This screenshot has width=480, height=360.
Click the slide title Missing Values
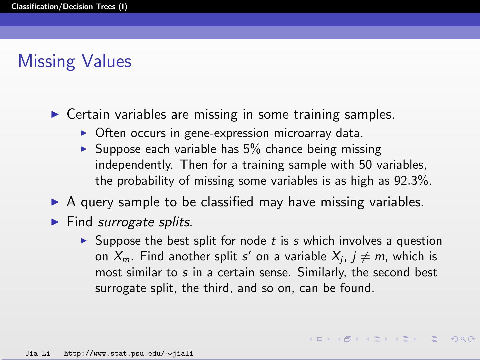[x=75, y=61]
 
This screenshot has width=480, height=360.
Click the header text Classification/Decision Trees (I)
[x=69, y=7]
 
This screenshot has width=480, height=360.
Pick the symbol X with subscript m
[x=121, y=257]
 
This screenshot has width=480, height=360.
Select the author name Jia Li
[x=38, y=353]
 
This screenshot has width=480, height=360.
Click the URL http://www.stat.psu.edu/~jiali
[x=128, y=353]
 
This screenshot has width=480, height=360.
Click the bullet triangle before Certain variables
[x=55, y=114]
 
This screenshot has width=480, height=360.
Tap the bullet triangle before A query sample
[x=55, y=202]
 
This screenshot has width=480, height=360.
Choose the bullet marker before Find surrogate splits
[x=55, y=222]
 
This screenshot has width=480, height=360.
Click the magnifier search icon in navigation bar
[x=463, y=339]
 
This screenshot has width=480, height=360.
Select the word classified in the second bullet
[x=227, y=202]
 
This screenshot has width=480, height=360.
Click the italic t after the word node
[x=273, y=241]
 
